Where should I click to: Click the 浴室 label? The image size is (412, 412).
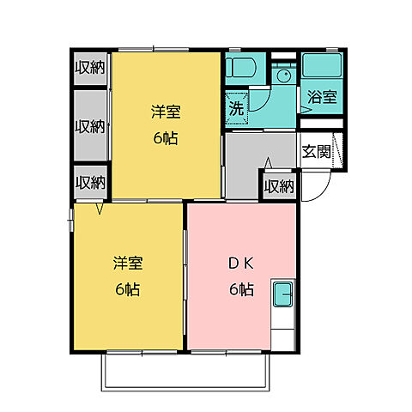coord(321,98)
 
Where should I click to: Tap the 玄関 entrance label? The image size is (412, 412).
coord(315,151)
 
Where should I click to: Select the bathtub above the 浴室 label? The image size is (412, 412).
coord(323,66)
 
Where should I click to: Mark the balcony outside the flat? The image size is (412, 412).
coord(186,370)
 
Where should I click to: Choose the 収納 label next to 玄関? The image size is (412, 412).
coord(279,185)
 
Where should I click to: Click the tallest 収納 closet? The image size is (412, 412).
coord(89,125)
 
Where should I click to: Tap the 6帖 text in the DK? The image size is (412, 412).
coord(241,289)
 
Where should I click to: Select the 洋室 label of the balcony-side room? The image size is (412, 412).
coord(127,264)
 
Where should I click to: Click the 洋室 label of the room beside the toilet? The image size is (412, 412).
coord(166,112)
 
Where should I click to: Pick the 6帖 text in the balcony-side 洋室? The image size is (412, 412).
coord(127,289)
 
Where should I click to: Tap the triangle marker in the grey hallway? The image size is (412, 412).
coord(268,162)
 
